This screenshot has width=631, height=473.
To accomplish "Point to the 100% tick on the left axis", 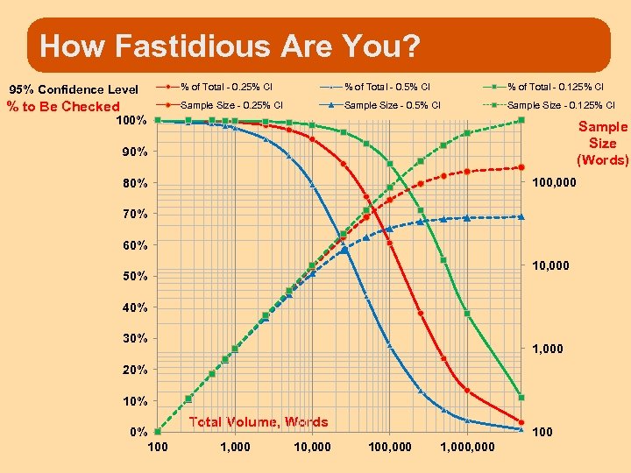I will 131,120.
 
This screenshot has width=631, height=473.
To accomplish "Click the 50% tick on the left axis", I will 133,276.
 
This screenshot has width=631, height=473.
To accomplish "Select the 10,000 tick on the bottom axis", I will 313,447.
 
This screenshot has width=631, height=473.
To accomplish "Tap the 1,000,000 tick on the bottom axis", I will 467,447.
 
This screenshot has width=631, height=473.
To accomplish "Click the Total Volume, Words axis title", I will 259,422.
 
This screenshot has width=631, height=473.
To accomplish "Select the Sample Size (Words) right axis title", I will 602,143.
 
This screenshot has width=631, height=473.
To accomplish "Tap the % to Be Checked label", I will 63,107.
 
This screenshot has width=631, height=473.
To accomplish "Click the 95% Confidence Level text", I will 74,89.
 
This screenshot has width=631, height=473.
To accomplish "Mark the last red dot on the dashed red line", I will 521,166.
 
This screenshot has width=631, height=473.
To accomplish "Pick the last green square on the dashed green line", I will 521,120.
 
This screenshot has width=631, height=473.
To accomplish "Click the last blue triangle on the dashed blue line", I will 521,216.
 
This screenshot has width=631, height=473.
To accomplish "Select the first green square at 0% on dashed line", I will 158,432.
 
